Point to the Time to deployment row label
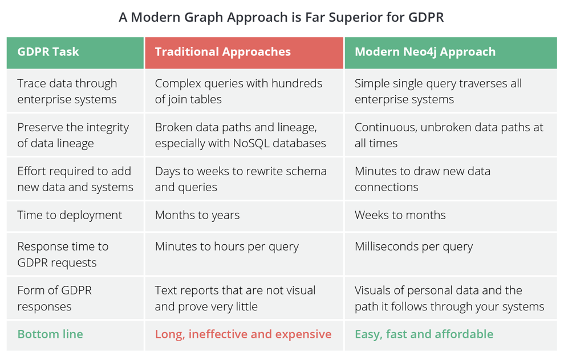click(x=70, y=215)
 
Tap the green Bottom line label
click(x=50, y=334)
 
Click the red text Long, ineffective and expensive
click(x=243, y=334)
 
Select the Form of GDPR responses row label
click(x=55, y=298)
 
